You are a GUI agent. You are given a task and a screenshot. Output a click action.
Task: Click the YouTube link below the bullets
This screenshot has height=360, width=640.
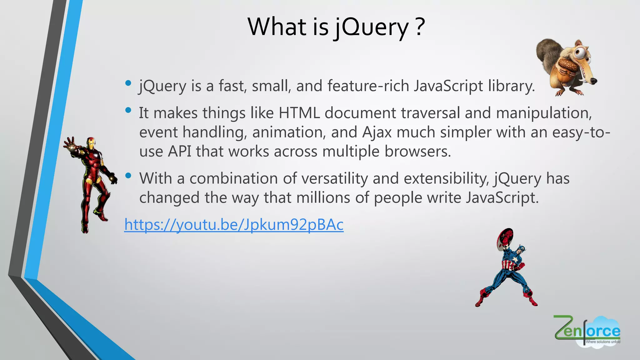point(234,224)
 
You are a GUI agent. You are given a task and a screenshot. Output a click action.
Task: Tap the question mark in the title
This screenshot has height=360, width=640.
point(420,27)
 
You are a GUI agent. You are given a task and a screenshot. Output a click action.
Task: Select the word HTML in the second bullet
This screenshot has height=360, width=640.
point(299,113)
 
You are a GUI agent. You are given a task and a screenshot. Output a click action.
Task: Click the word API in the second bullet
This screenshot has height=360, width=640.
point(179,152)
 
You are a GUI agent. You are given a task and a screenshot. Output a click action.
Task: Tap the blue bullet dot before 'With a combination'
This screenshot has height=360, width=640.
point(128,176)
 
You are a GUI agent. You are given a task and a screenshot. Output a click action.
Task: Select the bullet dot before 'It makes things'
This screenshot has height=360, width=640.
point(128,110)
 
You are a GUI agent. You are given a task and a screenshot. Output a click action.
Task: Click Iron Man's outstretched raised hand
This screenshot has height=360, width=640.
point(70,143)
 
